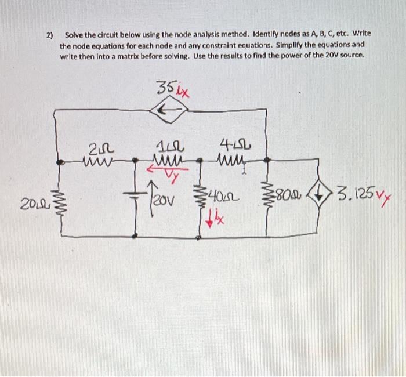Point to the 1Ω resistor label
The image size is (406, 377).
pos(166,147)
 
